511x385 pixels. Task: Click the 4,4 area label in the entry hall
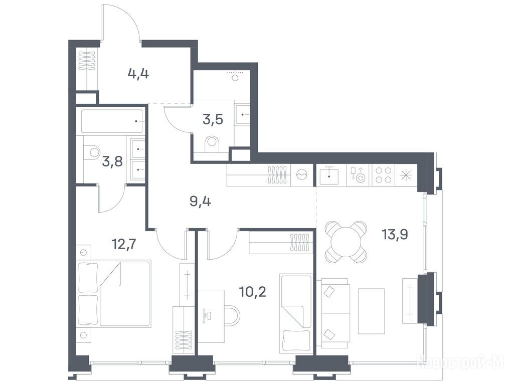(x=138, y=74)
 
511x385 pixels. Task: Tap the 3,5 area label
(x=213, y=119)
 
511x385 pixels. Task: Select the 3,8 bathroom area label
(x=112, y=161)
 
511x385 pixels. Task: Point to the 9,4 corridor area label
(x=201, y=202)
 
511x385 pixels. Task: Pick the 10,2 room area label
(x=253, y=292)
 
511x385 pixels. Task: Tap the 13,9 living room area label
(x=395, y=234)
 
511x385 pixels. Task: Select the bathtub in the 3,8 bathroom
(x=112, y=121)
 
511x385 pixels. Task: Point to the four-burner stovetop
(x=383, y=175)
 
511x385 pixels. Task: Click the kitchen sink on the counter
(x=329, y=175)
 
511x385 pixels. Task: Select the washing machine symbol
(x=302, y=175)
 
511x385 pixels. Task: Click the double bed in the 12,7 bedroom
(x=115, y=293)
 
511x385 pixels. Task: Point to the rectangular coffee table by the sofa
(x=371, y=311)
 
